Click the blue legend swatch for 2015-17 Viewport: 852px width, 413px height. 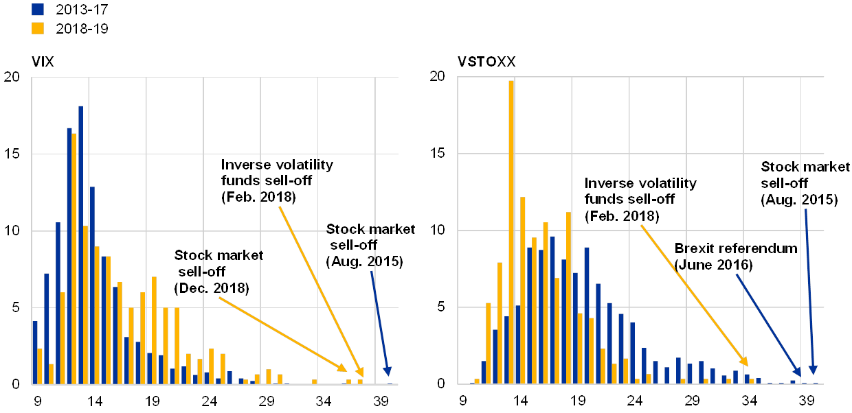(38, 10)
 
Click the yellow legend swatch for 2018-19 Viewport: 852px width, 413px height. (38, 28)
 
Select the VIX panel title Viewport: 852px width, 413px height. (43, 62)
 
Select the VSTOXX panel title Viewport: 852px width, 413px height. (486, 62)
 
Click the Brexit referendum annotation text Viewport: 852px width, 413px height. (737, 256)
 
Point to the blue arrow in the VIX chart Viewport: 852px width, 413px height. (379, 322)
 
